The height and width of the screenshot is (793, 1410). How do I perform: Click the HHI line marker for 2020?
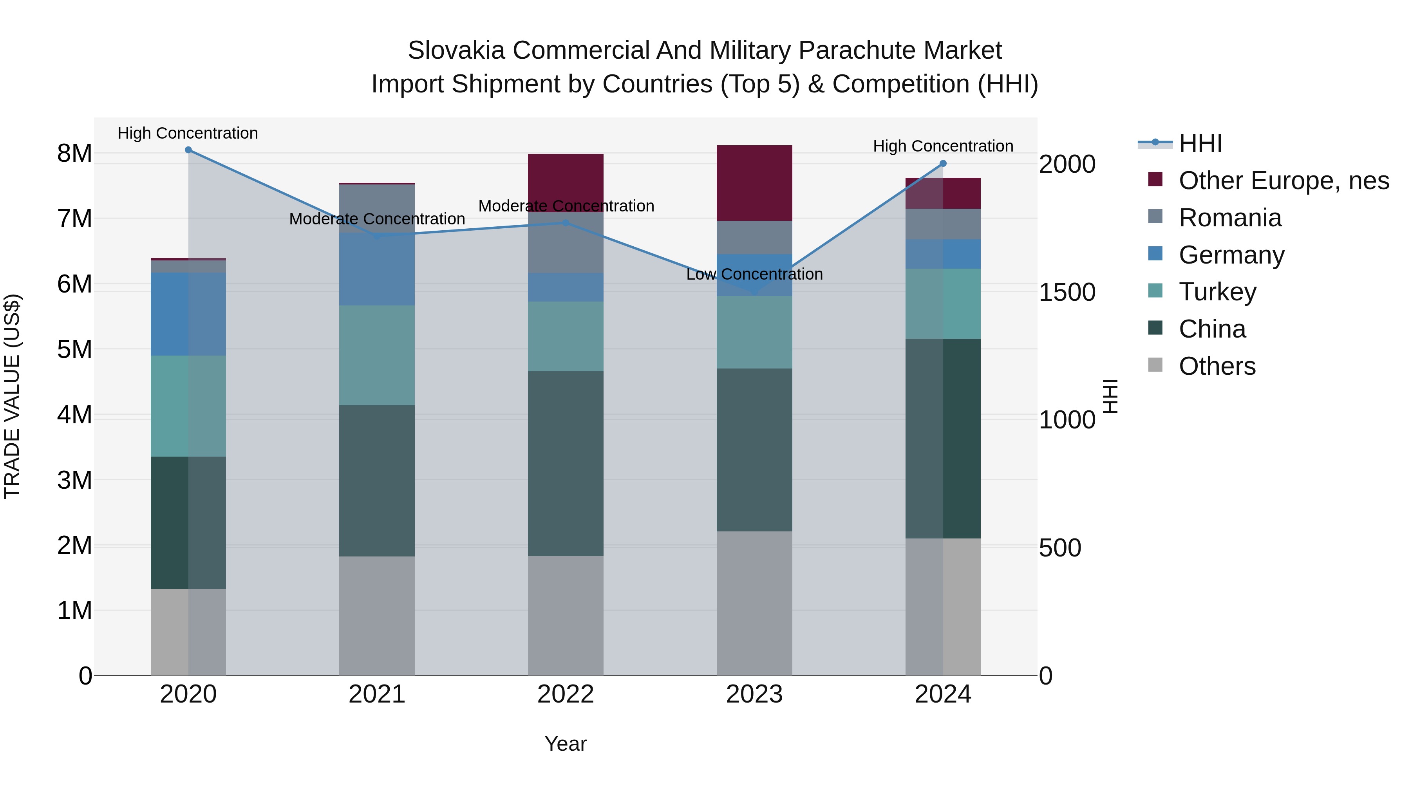(x=188, y=150)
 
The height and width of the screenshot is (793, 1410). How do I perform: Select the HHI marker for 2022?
(x=566, y=223)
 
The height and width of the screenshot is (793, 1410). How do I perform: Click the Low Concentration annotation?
(x=754, y=274)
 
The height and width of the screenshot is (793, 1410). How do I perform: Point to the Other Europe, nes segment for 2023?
(x=754, y=183)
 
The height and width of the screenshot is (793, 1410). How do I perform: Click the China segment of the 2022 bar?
(x=566, y=464)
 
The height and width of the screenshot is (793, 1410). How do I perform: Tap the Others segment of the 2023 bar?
(x=754, y=603)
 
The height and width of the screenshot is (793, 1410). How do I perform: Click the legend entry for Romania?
(x=1230, y=218)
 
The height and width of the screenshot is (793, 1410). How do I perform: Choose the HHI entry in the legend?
(x=1200, y=143)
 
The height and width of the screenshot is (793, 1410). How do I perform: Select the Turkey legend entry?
(x=1217, y=292)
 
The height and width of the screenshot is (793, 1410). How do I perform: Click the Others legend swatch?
(x=1155, y=365)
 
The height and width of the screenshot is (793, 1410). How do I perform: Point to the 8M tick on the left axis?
(x=74, y=154)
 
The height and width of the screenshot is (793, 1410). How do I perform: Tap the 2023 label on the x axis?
(x=754, y=694)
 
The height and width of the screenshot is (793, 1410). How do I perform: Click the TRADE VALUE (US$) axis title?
(x=12, y=396)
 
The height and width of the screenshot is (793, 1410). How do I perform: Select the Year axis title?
(x=566, y=744)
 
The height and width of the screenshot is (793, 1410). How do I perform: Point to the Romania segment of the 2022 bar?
(x=566, y=242)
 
